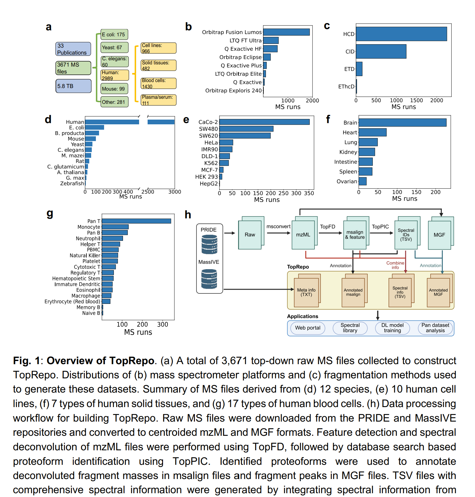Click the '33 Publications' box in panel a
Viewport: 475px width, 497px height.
point(73,49)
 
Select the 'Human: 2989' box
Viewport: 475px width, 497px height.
point(114,75)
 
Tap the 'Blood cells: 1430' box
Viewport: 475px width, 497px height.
point(158,83)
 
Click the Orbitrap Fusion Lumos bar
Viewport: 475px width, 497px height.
point(286,32)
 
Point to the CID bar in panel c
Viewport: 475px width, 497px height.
point(381,51)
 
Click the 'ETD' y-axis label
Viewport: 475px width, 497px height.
point(349,69)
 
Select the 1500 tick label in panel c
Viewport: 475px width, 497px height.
point(416,100)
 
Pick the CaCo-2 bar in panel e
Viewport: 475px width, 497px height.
point(264,122)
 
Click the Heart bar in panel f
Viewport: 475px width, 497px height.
point(372,133)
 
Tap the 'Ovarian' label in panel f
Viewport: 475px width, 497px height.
point(347,181)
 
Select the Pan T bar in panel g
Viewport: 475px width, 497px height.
point(136,221)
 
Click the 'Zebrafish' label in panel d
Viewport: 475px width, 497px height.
point(72,184)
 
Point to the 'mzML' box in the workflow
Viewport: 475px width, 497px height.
point(303,235)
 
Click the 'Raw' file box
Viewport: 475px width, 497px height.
point(250,235)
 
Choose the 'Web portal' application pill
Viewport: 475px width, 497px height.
point(308,328)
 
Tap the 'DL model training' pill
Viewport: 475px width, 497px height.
point(392,328)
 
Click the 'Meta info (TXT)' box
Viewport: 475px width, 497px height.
point(306,292)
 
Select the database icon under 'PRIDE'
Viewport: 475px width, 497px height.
point(209,245)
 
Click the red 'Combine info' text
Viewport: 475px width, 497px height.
point(395,265)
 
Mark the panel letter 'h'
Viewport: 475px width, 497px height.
point(188,215)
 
